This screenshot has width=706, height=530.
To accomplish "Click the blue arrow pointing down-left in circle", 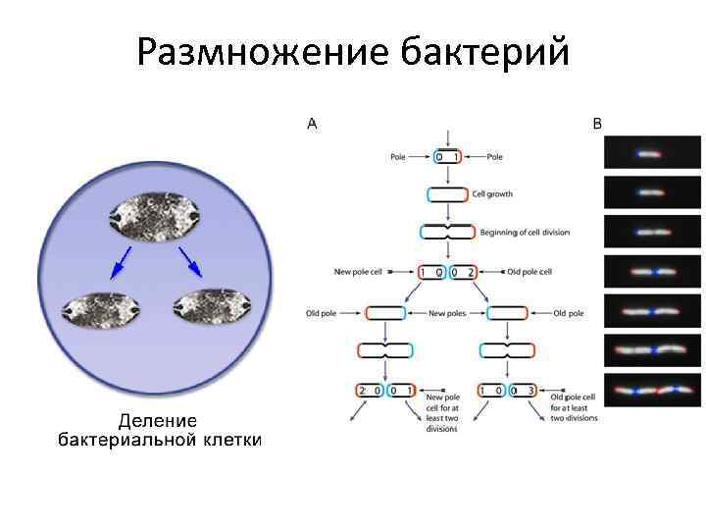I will click(123, 259).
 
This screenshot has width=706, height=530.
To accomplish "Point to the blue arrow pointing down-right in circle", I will click(190, 260).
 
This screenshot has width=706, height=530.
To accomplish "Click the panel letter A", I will click(312, 124).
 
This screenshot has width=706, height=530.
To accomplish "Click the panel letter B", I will click(598, 124).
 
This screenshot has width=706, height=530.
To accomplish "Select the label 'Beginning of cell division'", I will click(525, 233).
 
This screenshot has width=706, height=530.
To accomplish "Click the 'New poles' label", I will click(448, 314).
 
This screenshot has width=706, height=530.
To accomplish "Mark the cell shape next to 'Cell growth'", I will click(448, 194).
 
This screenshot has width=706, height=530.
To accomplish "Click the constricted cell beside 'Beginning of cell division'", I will click(447, 233).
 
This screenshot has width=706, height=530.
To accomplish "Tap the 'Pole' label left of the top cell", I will click(397, 156).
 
